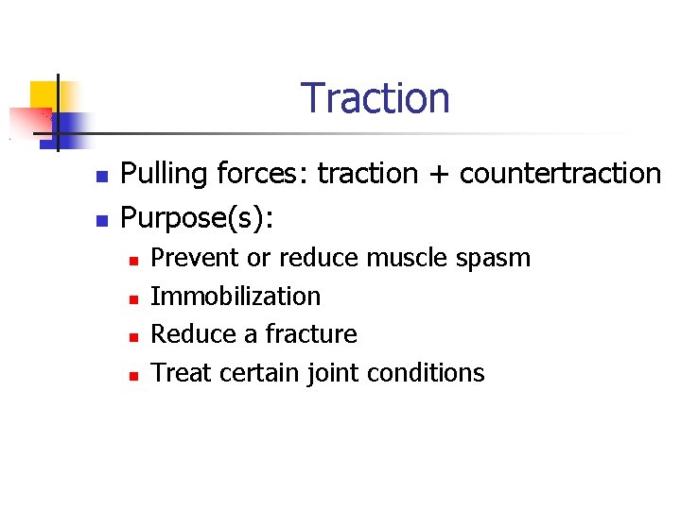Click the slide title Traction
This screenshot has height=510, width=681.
coord(375,98)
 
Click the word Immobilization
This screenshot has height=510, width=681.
coord(236,297)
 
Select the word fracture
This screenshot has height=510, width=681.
coord(311,334)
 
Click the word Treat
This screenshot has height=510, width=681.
coord(182,373)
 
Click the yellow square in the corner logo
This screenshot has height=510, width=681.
coord(44,94)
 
